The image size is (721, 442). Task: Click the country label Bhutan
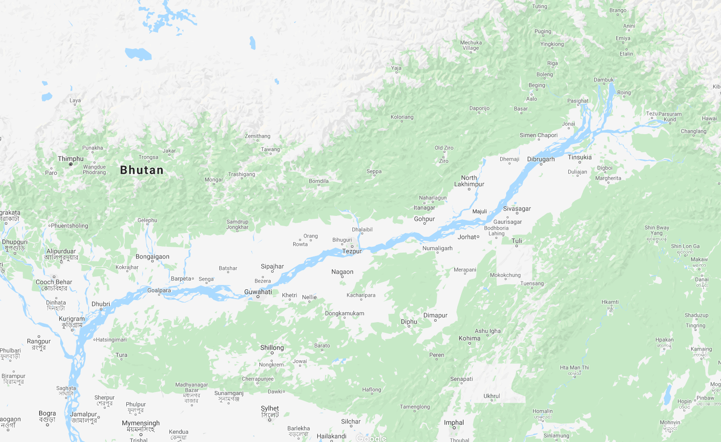[x=142, y=170]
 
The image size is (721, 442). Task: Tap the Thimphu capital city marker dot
[x=70, y=164]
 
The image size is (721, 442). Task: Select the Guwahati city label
[x=258, y=292]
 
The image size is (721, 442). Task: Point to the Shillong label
[x=272, y=348]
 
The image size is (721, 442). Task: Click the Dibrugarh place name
[x=541, y=159]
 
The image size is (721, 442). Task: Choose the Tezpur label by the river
[x=352, y=251]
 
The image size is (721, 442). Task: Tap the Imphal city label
[x=454, y=422]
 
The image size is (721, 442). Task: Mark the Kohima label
[x=469, y=338]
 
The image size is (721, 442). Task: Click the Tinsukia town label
[x=580, y=157]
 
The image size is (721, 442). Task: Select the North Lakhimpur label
[x=469, y=181]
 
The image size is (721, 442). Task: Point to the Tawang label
[x=270, y=149]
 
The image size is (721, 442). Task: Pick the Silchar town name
[x=350, y=421]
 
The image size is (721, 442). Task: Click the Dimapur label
[x=435, y=315]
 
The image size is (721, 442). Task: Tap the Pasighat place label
[x=578, y=101]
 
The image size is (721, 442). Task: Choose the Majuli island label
[x=479, y=211]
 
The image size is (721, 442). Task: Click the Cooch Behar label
[x=54, y=282]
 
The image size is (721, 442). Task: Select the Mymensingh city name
[x=140, y=423]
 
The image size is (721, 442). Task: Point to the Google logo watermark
[x=371, y=438]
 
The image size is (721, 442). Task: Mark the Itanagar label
[x=424, y=208]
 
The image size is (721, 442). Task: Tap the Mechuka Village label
[x=470, y=45]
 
